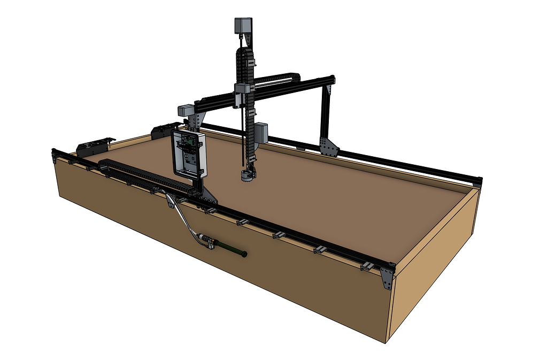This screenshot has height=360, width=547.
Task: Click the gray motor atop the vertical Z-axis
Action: (243, 26)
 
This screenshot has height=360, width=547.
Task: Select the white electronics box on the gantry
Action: (189, 154)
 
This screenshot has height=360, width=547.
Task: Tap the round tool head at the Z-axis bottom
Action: (246, 175)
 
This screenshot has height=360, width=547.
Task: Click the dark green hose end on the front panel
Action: (231, 249)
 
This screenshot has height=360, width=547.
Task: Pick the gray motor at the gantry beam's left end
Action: (185, 110)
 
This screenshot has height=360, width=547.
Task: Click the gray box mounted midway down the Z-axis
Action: (261, 132)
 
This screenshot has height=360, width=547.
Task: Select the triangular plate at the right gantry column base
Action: (328, 146)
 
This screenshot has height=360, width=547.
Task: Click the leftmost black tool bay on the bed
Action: (94, 147)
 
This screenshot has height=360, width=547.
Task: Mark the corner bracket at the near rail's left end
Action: (55, 156)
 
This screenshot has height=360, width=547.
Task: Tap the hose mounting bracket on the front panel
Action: (170, 201)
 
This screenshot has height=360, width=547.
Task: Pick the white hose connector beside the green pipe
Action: (204, 239)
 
